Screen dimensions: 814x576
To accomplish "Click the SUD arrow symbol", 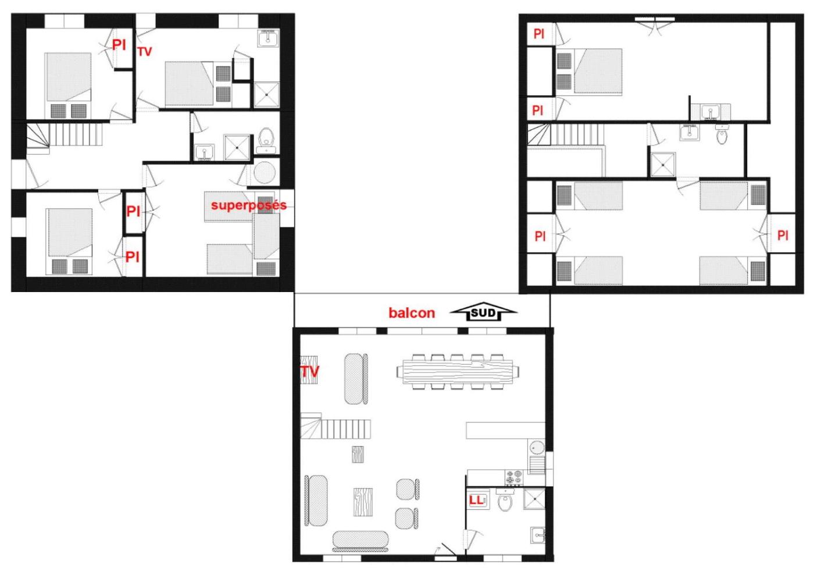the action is click(x=483, y=312).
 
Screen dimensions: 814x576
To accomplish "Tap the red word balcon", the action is click(x=412, y=313).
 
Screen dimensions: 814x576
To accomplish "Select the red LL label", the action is click(x=476, y=500).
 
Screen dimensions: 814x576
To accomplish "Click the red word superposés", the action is click(x=249, y=205).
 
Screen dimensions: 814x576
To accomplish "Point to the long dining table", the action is click(x=458, y=372).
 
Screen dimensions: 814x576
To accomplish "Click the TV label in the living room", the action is click(x=309, y=371).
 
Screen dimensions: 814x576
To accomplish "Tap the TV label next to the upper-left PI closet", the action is click(x=145, y=52).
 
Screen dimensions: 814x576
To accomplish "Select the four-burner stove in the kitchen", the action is click(x=514, y=478).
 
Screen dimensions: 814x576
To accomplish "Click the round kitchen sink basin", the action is click(x=536, y=447).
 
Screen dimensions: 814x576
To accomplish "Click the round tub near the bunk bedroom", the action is click(x=265, y=172).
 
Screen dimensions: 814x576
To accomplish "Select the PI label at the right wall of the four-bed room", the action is click(x=783, y=236).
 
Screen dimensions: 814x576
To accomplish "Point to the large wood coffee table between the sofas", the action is click(x=363, y=502).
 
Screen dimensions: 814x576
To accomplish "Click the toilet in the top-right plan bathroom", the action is click(x=722, y=134).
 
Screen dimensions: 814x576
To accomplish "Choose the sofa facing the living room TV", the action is click(x=356, y=379).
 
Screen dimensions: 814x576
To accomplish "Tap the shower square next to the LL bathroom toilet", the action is click(x=534, y=499).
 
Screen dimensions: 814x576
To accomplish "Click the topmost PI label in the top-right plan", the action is click(x=538, y=34).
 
